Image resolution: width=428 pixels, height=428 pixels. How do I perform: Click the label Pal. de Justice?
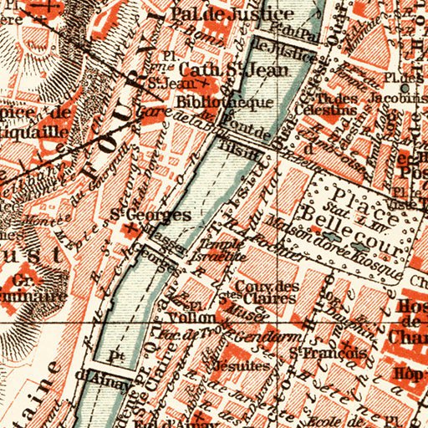click(x=232, y=14)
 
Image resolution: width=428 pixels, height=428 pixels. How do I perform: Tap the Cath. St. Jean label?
click(x=211, y=69)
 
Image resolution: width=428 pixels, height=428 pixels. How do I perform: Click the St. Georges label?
click(x=151, y=215)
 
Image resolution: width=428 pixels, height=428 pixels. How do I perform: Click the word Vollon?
click(x=186, y=318)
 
